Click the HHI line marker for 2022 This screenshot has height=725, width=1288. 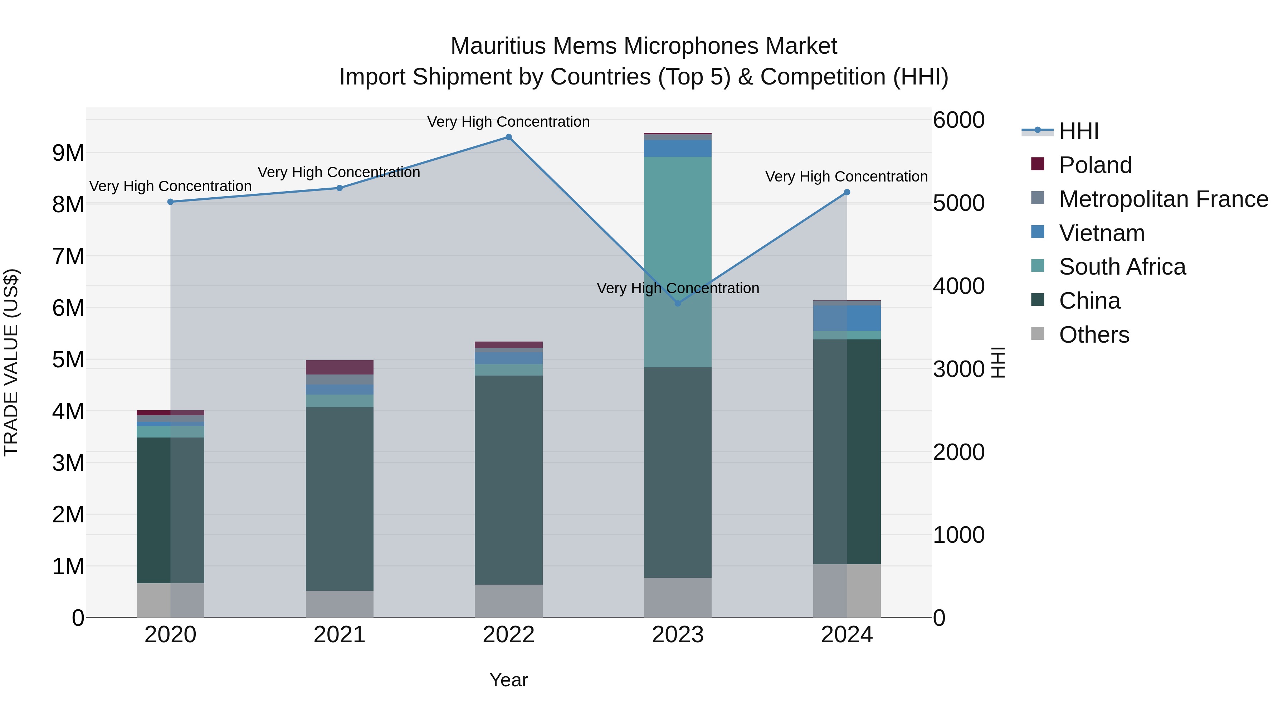click(x=508, y=137)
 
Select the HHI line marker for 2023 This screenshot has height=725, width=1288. click(x=678, y=303)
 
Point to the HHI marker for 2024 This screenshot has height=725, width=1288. click(x=847, y=192)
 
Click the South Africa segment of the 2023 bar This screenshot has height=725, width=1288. click(x=678, y=262)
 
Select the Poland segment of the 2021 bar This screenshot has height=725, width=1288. click(x=340, y=367)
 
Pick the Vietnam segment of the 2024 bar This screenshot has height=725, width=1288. click(x=847, y=318)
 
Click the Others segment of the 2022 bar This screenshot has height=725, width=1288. click(x=508, y=601)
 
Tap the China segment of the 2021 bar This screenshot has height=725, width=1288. click(x=340, y=498)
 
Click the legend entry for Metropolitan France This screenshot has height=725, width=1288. click(x=1163, y=199)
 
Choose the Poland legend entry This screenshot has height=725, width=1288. click(x=1095, y=165)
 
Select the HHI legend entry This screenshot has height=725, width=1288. click(x=1078, y=131)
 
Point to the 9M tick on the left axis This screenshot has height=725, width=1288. click(x=68, y=153)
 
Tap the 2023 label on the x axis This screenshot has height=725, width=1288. click(x=678, y=635)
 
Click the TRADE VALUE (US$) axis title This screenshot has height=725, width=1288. click(x=11, y=362)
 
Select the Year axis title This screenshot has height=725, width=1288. click(x=508, y=680)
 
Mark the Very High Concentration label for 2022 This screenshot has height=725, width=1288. click(x=508, y=122)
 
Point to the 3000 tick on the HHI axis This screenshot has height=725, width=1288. click(x=958, y=369)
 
